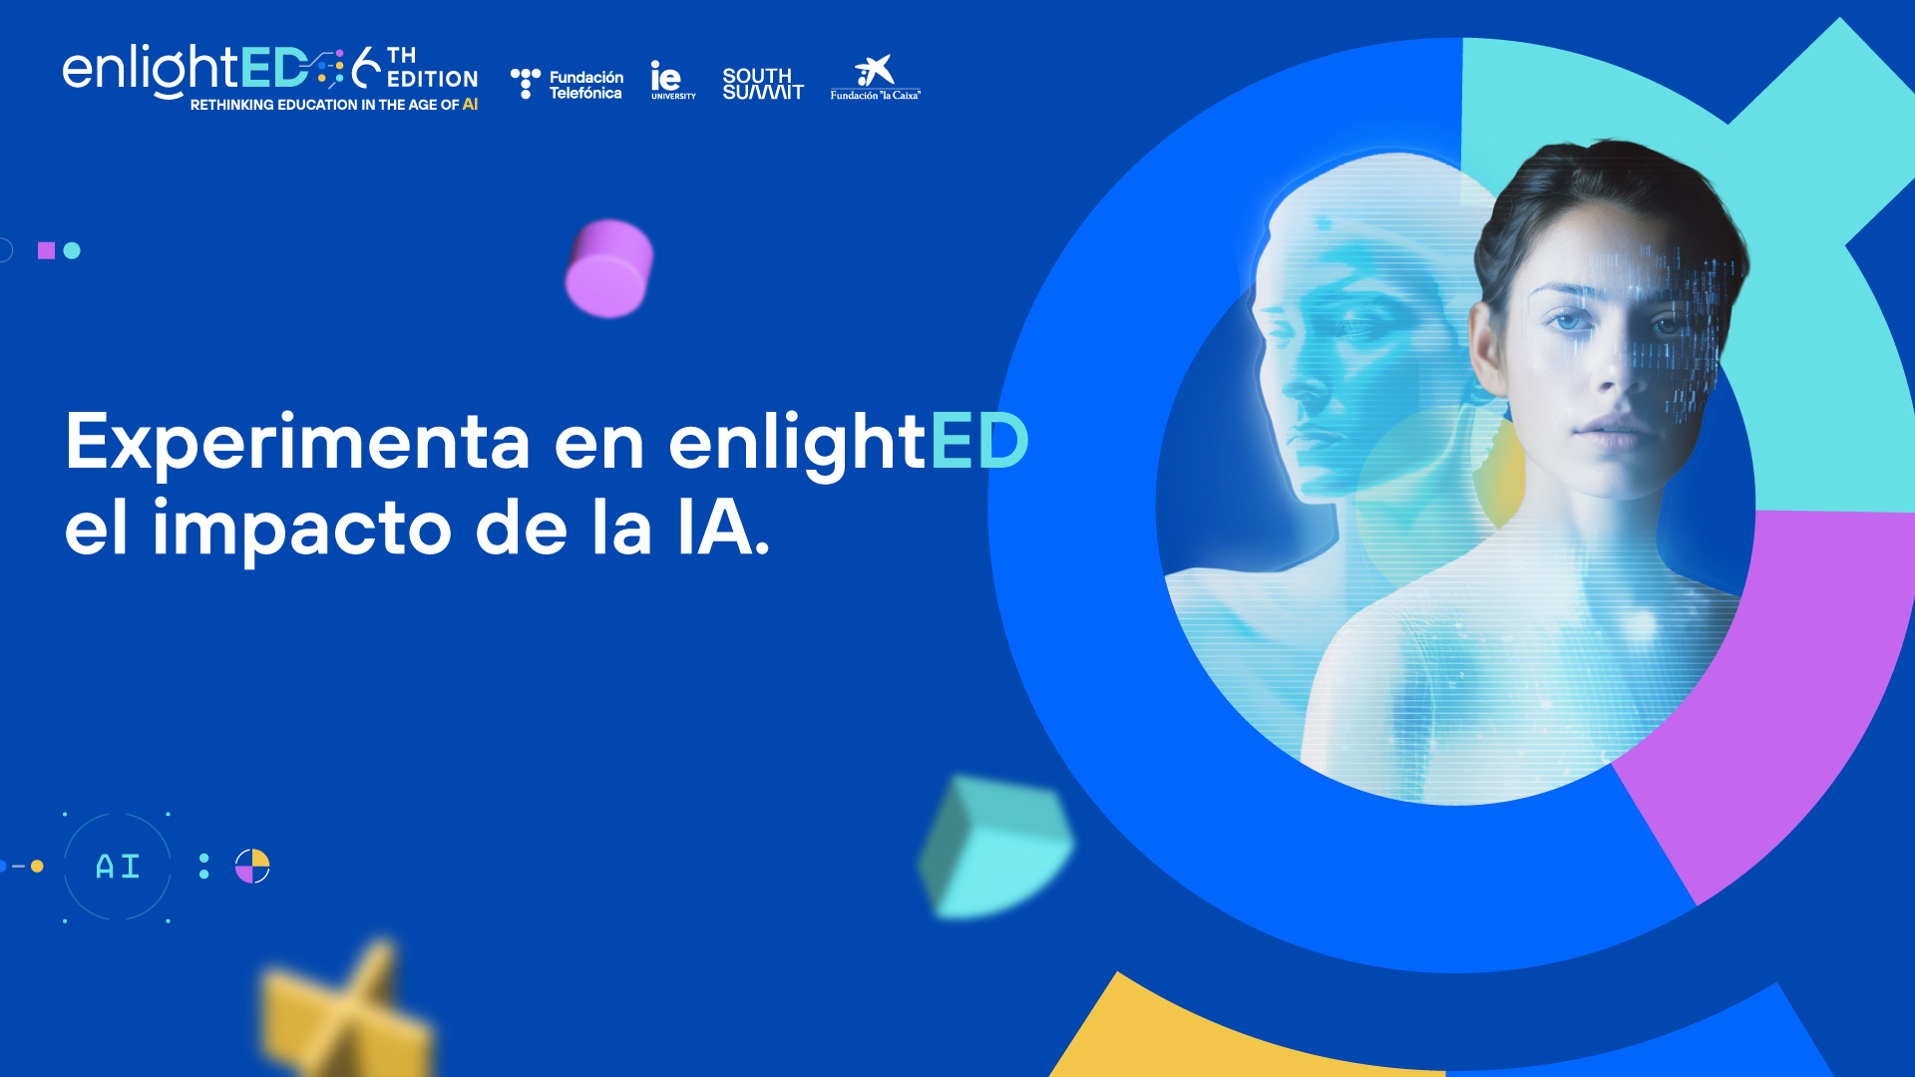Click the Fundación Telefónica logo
(567, 84)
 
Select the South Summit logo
(763, 84)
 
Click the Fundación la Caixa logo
(876, 78)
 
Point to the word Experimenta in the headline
(297, 442)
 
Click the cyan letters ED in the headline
(979, 441)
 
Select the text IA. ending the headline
(723, 527)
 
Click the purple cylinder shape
(608, 268)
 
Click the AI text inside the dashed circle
(118, 867)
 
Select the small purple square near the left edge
(46, 250)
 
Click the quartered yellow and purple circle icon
(252, 867)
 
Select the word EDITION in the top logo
(432, 79)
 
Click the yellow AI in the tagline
(470, 104)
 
